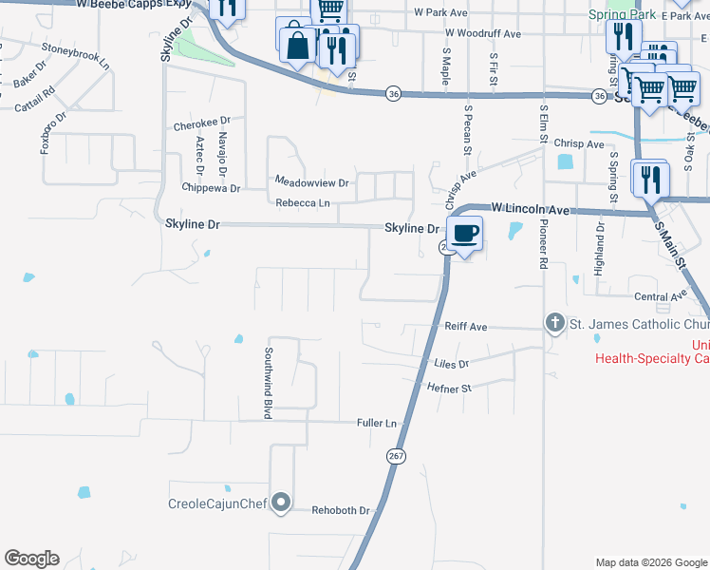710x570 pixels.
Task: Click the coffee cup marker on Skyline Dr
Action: pos(463,233)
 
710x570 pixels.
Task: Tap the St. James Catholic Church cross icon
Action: pos(555,324)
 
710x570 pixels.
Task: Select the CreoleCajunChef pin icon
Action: pos(281,503)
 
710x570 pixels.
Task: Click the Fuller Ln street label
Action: pos(376,422)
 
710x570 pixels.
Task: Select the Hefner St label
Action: pos(449,388)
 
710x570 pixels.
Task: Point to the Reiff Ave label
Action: pos(465,327)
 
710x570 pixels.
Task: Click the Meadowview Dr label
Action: pos(312,180)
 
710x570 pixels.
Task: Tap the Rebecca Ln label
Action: pos(303,203)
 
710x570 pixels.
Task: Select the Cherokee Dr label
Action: pos(202,123)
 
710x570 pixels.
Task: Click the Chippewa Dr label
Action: pos(211,188)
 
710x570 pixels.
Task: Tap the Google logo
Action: pos(31,559)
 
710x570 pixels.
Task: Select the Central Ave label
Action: pos(660,296)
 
